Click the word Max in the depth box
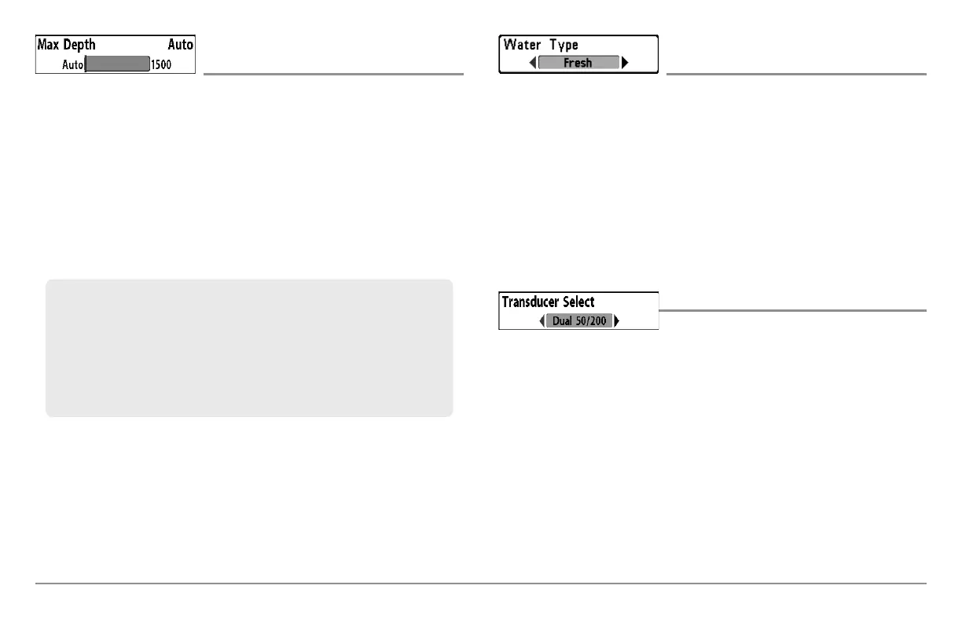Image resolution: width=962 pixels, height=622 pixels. click(48, 45)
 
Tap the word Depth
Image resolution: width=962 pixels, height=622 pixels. click(79, 45)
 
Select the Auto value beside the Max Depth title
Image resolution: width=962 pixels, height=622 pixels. click(181, 45)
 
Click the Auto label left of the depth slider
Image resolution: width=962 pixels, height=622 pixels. click(72, 65)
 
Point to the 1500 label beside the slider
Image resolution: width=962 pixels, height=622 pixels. click(161, 65)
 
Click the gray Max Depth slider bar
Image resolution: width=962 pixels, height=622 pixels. click(117, 64)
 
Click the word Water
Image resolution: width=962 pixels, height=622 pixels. click(522, 45)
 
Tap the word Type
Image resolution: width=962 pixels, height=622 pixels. click(564, 46)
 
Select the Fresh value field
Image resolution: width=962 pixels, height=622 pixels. click(578, 63)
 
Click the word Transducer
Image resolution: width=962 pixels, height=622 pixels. click(531, 302)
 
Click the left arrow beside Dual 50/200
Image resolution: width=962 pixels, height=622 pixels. click(542, 320)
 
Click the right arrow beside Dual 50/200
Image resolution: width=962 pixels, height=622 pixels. click(617, 320)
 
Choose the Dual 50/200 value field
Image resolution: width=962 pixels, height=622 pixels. click(579, 320)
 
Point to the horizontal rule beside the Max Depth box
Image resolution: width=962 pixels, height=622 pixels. click(333, 75)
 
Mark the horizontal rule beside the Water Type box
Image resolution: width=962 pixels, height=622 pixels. click(796, 75)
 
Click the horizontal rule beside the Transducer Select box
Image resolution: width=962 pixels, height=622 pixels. click(792, 310)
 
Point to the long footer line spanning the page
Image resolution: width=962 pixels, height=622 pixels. click(480, 584)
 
